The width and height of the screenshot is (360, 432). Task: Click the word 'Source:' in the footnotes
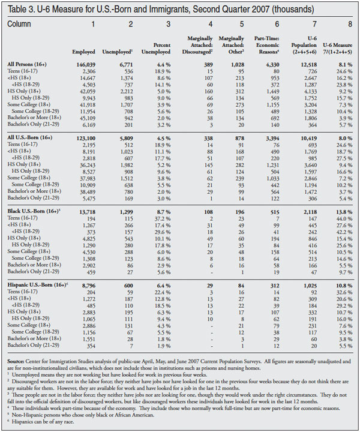(19, 362)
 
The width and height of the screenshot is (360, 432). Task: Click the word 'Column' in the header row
(20, 24)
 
